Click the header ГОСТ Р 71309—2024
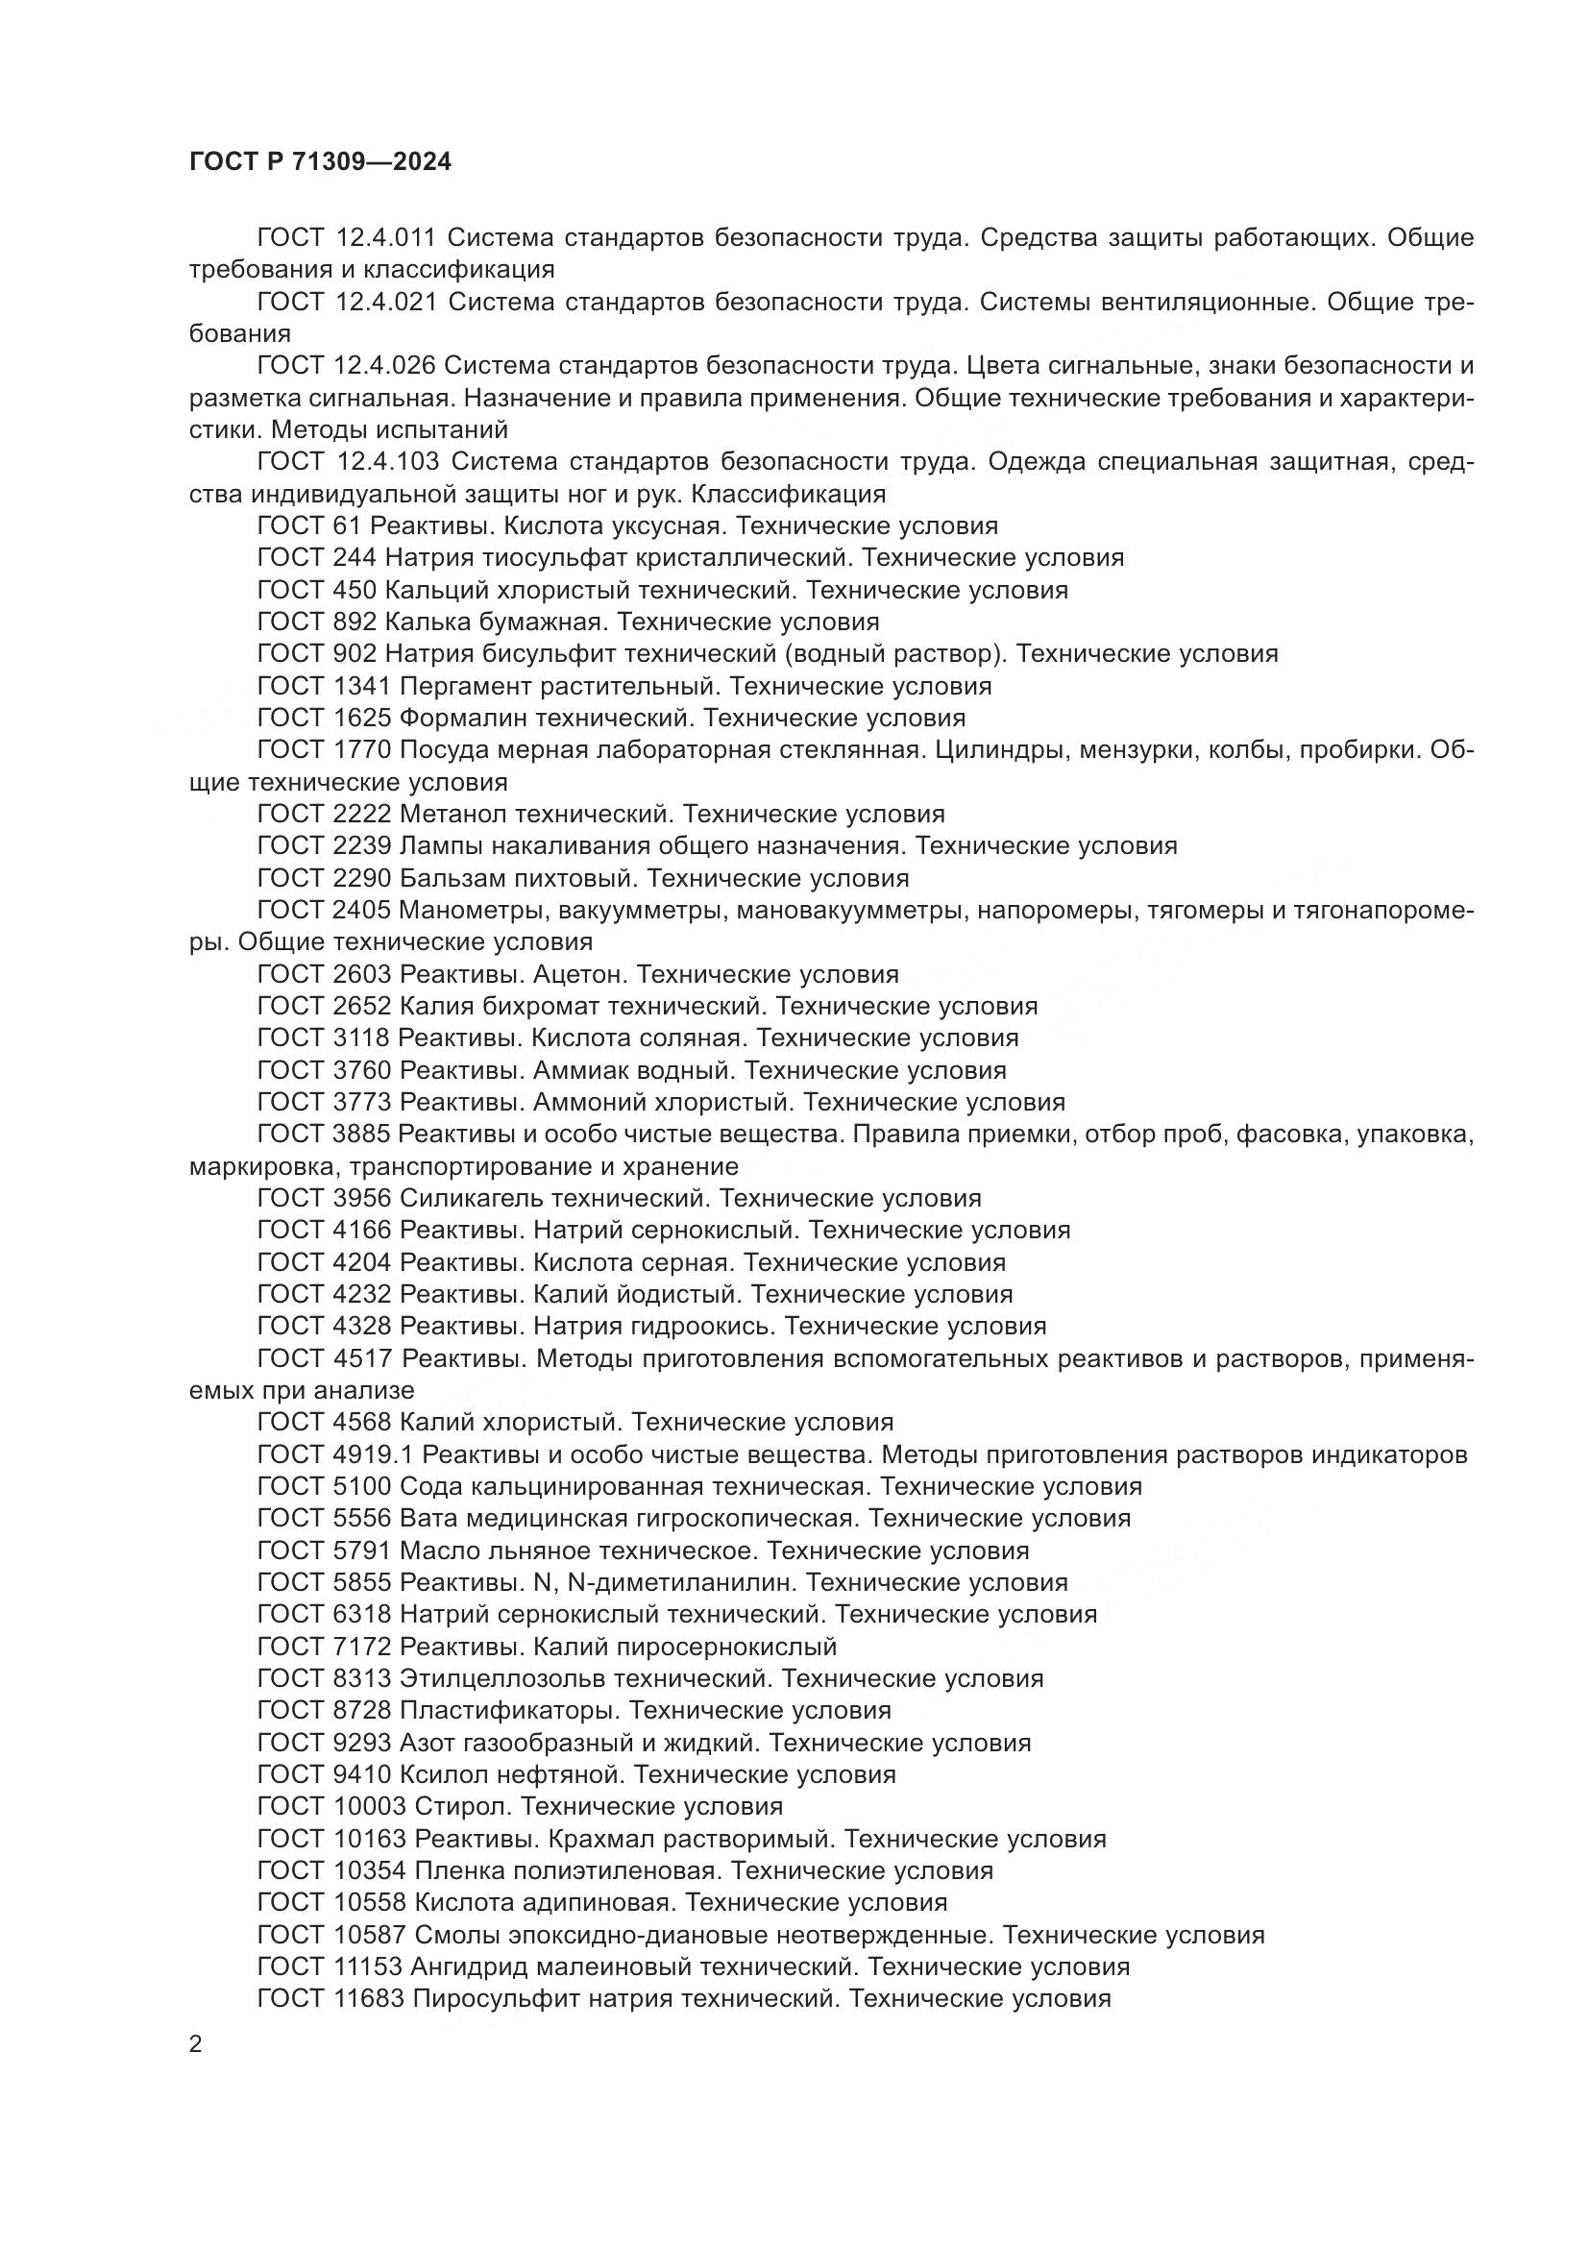coord(320,162)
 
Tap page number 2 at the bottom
coord(196,2045)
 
